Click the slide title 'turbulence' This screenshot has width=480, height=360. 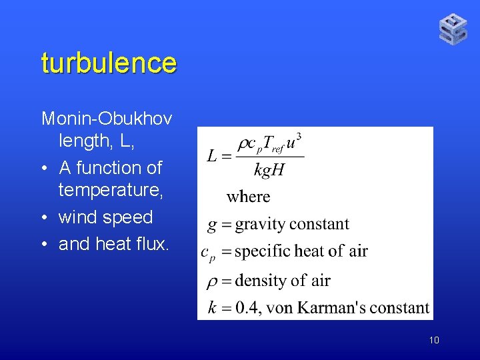(109, 63)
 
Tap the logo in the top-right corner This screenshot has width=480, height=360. (453, 29)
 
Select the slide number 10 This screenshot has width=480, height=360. (434, 341)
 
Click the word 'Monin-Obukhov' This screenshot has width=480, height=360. (107, 119)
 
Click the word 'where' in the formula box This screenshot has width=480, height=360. (248, 197)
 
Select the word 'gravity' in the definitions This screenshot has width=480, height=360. (262, 224)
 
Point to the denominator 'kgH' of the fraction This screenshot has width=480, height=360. (269, 170)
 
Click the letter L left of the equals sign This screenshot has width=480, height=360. (211, 157)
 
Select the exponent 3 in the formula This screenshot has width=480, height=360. (299, 137)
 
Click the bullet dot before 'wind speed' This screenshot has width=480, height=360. (45, 217)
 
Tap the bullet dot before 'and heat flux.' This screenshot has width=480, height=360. (45, 244)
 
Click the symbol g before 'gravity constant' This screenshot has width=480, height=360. (211, 225)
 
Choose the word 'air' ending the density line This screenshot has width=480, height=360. (320, 280)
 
